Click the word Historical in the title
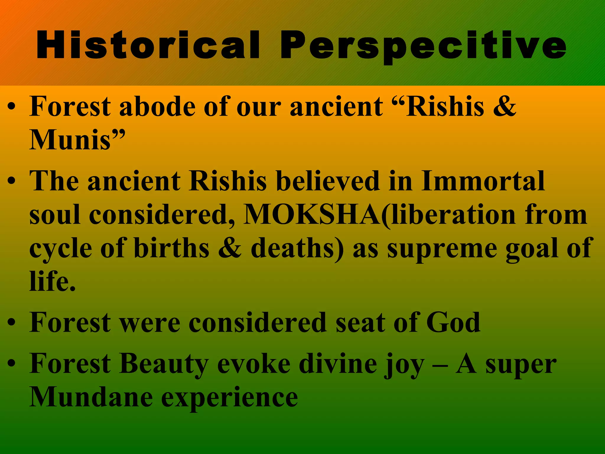point(148,46)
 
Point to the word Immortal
point(483,181)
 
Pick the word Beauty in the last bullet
point(164,364)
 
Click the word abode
point(157,106)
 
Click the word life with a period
point(53,281)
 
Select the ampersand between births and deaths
point(230,248)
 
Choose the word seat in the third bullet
point(360,323)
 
